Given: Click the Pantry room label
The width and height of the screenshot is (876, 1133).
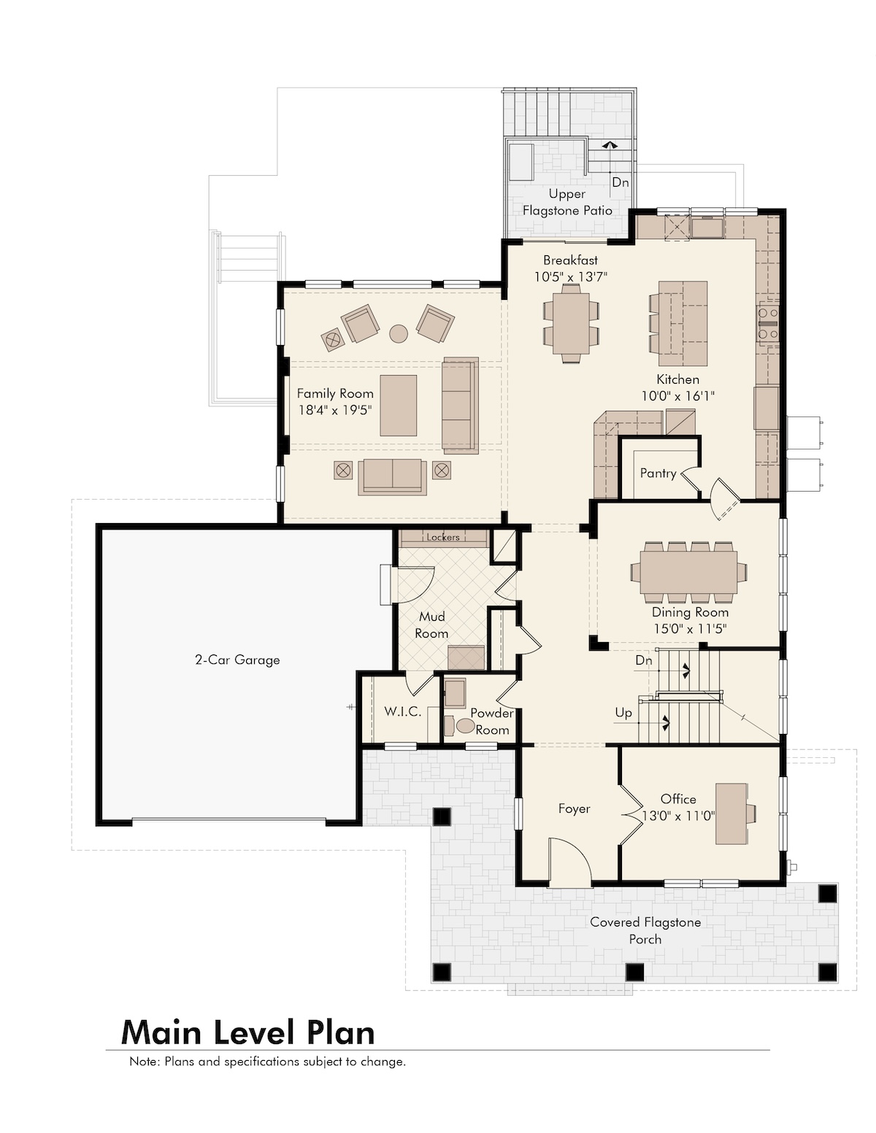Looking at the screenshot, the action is (658, 473).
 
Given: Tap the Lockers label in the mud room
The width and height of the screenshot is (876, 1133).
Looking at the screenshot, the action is (443, 537).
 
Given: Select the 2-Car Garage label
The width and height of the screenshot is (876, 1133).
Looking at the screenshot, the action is (237, 660).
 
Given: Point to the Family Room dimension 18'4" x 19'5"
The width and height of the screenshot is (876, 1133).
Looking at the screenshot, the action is (335, 410).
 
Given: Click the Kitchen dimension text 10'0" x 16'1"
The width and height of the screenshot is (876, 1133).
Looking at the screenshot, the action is (677, 395).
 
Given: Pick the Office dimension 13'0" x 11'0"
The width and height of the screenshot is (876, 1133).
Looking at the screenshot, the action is (677, 816).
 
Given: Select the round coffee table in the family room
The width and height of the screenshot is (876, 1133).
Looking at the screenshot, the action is (399, 333).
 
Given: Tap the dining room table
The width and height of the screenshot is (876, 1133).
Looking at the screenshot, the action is (688, 572).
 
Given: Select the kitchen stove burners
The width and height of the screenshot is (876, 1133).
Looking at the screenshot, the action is (768, 322).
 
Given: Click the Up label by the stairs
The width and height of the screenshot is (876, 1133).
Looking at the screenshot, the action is (623, 713).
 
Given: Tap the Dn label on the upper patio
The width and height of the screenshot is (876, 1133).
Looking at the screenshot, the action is (620, 182).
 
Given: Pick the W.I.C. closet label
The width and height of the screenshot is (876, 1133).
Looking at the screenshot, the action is (403, 712).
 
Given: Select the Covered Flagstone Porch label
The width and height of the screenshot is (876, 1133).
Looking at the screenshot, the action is (645, 930).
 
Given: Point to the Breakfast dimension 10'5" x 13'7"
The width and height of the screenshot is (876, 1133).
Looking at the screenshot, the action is (571, 277).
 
